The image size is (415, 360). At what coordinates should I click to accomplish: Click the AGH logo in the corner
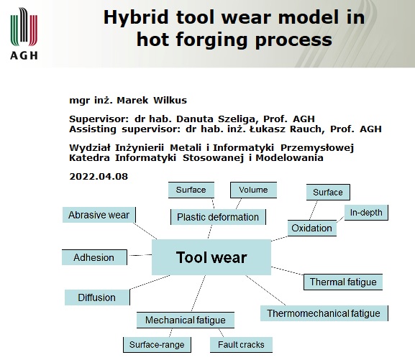(x=24, y=33)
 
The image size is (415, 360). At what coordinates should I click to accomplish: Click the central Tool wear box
(x=211, y=257)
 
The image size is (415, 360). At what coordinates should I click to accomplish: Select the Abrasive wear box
(x=99, y=215)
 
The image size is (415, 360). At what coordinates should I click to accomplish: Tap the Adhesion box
(x=94, y=257)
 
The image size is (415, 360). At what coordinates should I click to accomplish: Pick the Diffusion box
(x=97, y=297)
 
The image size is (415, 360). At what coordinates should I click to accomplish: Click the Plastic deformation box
(x=218, y=217)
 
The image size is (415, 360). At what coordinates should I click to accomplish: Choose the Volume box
(x=254, y=190)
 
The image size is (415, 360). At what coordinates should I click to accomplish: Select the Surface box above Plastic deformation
(x=191, y=190)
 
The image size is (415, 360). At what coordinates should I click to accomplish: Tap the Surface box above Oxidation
(x=328, y=192)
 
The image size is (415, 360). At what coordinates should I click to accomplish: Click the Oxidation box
(x=312, y=228)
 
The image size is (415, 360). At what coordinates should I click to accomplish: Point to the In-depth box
(x=366, y=213)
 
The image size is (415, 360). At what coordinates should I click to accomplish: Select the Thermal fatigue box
(x=343, y=282)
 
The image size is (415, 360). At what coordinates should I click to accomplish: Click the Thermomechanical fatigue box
(x=324, y=313)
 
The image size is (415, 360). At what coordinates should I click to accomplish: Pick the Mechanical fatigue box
(x=186, y=320)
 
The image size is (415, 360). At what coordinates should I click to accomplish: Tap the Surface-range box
(x=157, y=345)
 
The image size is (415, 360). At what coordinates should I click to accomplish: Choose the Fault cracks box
(x=241, y=345)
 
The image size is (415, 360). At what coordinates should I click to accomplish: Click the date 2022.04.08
(x=99, y=177)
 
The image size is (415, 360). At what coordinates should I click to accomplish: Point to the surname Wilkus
(x=170, y=101)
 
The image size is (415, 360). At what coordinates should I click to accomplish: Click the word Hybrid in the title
(x=136, y=17)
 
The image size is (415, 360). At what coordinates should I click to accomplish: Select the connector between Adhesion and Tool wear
(x=140, y=255)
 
